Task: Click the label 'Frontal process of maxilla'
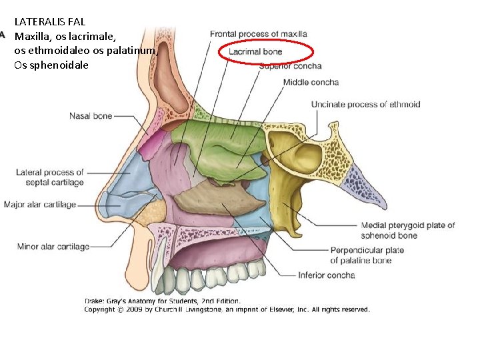pos(258,33)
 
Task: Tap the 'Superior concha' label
pos(290,66)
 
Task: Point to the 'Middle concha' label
pos(311,83)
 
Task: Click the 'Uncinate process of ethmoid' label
pos(365,104)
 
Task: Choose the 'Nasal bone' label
pos(91,116)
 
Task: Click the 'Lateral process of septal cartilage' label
pos(50,177)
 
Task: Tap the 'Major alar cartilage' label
pos(40,205)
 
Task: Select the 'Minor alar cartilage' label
pos(53,247)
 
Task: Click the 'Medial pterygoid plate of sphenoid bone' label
pos(407,230)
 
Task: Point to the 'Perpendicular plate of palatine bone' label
pos(367,255)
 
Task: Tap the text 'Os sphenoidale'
pos(51,65)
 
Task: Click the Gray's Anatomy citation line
pos(162,301)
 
